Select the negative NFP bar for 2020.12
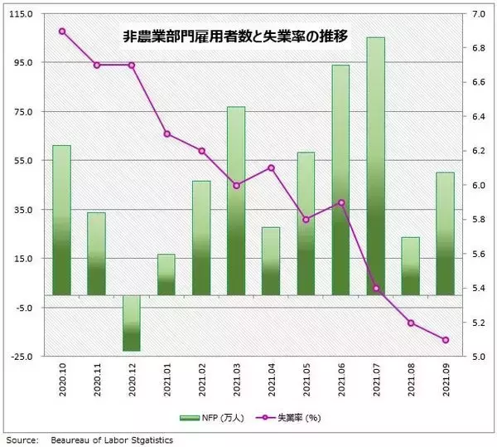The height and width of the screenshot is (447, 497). point(132,323)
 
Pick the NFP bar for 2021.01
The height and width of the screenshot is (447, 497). point(166,275)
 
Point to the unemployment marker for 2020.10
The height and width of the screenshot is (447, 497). point(62,32)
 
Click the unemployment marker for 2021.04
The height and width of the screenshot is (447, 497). point(271,168)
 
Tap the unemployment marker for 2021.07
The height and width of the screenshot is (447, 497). point(375,289)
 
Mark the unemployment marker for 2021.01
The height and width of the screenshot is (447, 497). point(166,134)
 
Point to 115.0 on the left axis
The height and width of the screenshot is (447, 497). point(20,14)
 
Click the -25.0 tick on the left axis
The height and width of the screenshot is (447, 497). point(20,357)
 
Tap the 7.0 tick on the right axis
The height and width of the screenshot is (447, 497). point(479,14)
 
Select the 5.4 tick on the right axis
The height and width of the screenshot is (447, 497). point(479,289)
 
